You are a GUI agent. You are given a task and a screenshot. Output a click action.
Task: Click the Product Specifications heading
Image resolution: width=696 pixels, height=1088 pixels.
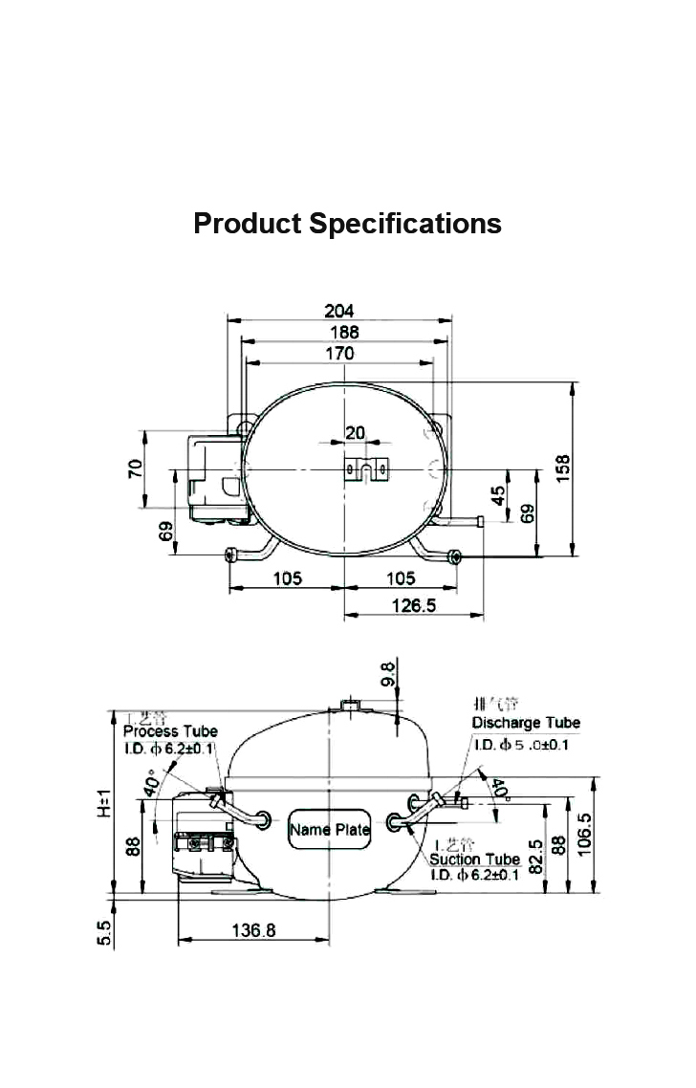(347, 223)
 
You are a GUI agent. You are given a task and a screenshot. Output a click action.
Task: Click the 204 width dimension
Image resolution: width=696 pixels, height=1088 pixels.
(339, 311)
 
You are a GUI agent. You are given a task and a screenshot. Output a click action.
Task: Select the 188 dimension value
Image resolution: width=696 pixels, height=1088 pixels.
(344, 332)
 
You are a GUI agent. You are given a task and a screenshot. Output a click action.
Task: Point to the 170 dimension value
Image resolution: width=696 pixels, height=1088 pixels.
(339, 353)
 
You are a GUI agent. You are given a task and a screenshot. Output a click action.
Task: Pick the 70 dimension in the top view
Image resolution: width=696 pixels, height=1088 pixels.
(136, 468)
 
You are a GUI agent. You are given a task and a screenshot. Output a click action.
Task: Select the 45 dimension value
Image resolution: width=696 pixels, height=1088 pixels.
(498, 497)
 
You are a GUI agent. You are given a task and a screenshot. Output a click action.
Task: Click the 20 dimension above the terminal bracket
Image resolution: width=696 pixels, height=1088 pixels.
(355, 432)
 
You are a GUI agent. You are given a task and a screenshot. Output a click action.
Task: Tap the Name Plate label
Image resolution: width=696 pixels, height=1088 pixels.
(329, 830)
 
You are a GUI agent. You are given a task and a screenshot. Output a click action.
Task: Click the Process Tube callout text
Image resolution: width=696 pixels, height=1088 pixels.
(170, 731)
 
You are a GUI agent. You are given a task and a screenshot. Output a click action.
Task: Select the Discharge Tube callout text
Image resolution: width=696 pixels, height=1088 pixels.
(526, 723)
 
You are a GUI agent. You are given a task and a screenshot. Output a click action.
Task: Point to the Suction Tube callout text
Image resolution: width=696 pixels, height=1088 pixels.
(475, 860)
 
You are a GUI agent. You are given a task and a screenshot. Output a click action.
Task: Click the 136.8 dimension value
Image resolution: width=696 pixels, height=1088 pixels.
(253, 929)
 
